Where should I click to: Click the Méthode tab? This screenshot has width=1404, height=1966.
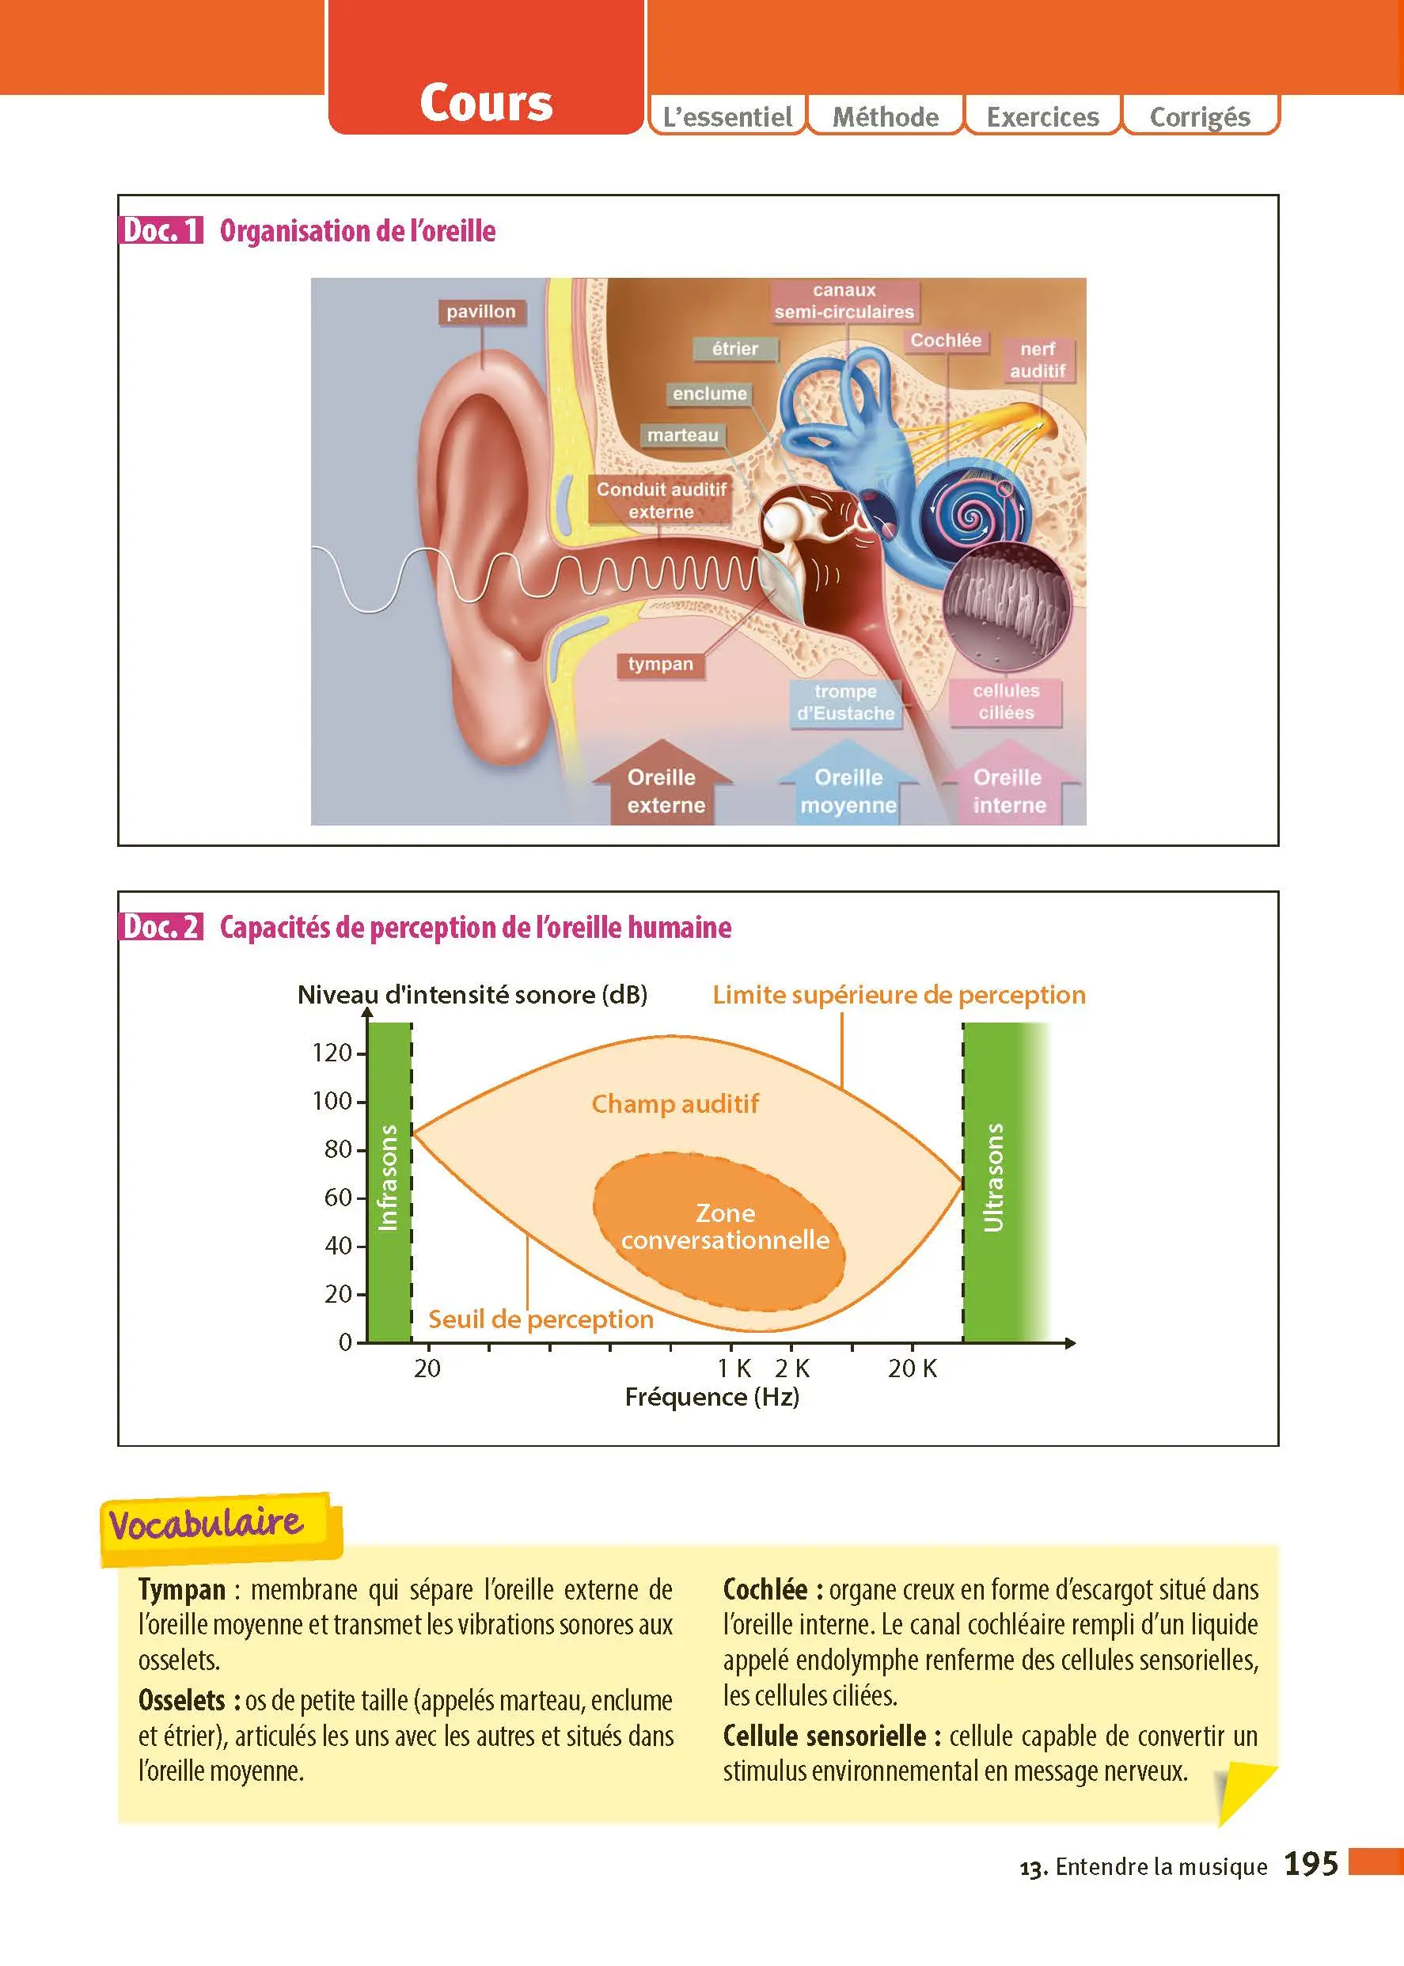[x=886, y=116]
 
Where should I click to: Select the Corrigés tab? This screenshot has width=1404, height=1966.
[x=1200, y=116]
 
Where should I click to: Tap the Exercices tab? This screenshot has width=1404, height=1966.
[x=1042, y=116]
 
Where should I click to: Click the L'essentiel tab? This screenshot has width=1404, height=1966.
[x=727, y=116]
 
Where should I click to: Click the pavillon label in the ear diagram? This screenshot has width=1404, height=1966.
[x=480, y=311]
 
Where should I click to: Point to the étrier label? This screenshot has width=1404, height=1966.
[x=735, y=348]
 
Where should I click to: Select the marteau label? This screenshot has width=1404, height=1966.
[x=683, y=435]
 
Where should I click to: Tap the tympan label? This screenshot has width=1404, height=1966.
[x=661, y=664]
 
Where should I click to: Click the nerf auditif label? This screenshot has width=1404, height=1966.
[x=1038, y=359]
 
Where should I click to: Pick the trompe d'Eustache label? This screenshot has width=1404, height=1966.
[x=845, y=702]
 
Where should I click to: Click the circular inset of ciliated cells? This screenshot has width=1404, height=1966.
[x=1007, y=605]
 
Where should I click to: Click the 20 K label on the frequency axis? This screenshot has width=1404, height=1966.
[x=912, y=1368]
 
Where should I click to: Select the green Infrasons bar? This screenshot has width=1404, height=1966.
[x=389, y=1182]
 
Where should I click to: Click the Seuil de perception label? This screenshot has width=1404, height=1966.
[x=541, y=1319]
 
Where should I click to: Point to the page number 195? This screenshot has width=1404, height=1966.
[x=1311, y=1863]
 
